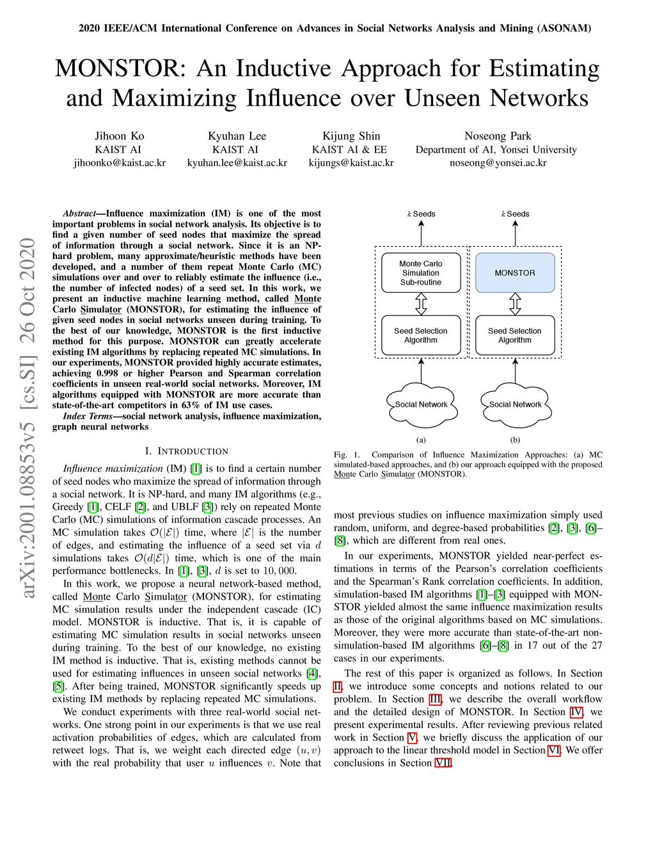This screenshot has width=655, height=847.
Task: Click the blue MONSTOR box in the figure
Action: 515,273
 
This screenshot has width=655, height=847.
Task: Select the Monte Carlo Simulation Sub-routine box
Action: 421,273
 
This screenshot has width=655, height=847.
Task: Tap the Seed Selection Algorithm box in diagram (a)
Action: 421,336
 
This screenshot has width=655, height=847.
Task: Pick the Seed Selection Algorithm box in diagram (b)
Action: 515,336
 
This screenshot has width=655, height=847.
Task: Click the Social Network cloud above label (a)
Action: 421,405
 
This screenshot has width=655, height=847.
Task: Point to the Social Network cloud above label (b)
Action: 515,405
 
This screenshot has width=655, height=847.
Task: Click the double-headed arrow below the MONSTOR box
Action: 515,304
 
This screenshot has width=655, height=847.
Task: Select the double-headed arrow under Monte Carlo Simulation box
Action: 421,304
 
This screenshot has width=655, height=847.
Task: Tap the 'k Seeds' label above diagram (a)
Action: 421,214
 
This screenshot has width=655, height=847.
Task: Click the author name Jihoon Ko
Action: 120,136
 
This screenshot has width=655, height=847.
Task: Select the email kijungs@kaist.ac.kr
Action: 351,163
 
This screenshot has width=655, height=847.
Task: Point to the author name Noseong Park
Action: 498,136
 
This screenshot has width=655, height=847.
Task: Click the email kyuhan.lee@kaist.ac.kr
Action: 237,163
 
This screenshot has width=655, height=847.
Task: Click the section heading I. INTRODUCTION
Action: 186,451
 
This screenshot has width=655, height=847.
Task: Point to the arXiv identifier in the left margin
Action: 28,419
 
